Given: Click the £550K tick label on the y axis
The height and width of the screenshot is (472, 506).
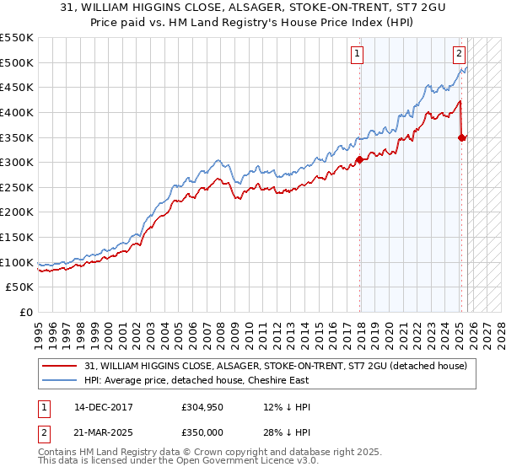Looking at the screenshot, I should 17,38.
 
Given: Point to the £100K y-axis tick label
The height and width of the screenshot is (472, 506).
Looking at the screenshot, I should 17,262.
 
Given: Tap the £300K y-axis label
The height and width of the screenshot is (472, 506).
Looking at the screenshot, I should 17,163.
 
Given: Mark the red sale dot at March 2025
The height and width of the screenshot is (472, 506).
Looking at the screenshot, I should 462,137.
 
